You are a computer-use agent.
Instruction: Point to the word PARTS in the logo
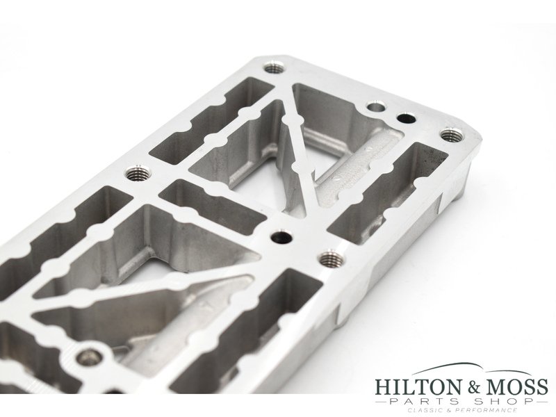tap(429, 402)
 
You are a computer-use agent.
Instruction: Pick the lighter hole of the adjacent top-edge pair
tap(375, 108)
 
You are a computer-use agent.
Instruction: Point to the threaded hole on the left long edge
tap(135, 172)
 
